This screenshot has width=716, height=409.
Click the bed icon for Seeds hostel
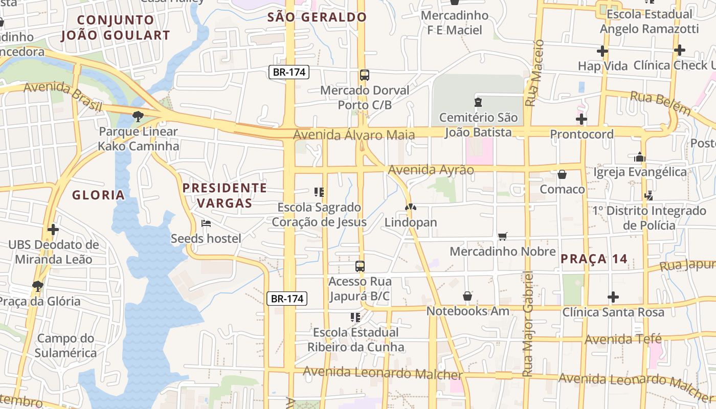(206, 223)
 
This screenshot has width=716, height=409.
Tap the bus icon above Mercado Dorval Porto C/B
(365, 75)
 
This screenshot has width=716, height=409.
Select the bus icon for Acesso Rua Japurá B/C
(360, 266)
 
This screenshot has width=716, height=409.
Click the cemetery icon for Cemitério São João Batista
(478, 102)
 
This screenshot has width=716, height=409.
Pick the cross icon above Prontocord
(581, 120)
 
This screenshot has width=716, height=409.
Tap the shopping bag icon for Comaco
(562, 174)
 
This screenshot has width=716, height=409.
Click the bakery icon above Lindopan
(410, 208)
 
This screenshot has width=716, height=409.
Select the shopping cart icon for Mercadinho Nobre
(503, 236)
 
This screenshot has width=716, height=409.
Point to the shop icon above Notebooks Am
(467, 296)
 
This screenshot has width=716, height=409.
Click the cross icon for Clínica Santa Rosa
(613, 297)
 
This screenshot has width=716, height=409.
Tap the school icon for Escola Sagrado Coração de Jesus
(319, 192)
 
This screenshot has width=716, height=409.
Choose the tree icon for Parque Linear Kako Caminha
(138, 117)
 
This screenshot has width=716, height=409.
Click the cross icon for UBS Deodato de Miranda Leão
(53, 230)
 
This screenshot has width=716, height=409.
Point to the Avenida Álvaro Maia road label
(354, 135)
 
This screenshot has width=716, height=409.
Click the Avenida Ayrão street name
(431, 170)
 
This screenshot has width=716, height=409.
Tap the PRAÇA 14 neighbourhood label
(593, 259)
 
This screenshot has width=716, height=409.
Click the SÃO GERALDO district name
(317, 17)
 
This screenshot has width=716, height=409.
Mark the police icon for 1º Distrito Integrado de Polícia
(649, 195)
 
